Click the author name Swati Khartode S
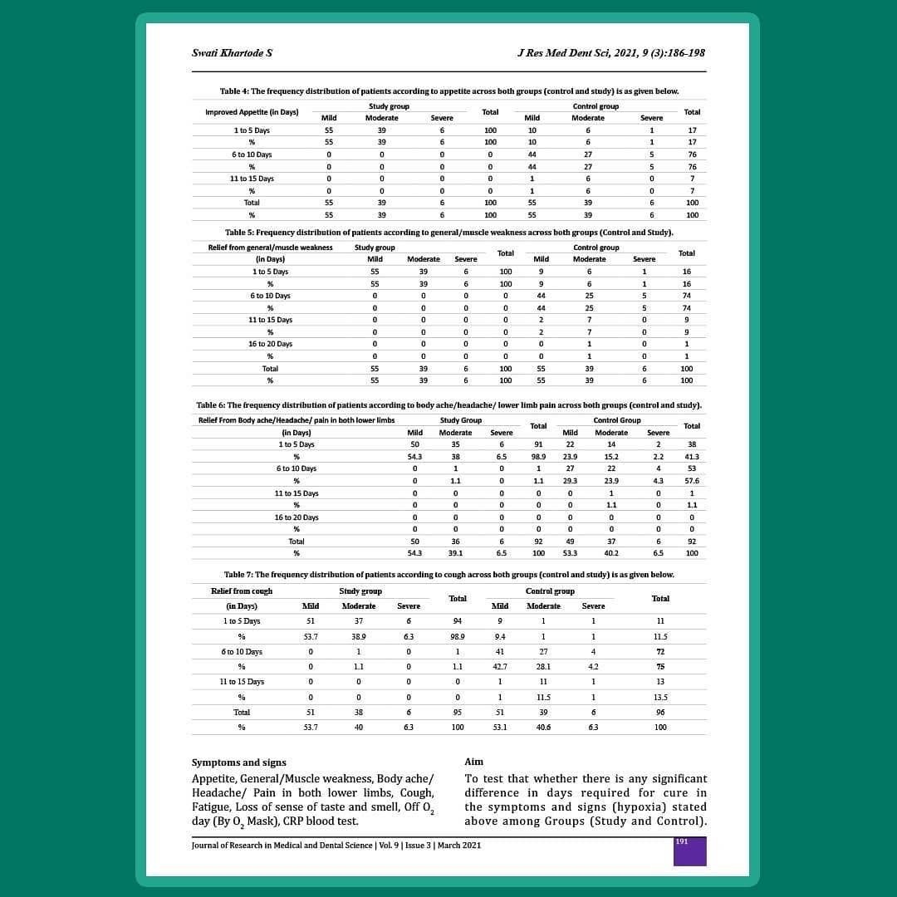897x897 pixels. [232, 53]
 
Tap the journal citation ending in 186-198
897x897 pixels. [610, 53]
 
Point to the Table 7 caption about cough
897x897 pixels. [448, 574]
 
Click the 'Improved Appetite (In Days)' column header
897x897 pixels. [252, 112]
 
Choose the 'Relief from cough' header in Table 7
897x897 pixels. [242, 591]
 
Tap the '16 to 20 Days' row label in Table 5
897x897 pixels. [270, 344]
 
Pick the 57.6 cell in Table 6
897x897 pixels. [691, 481]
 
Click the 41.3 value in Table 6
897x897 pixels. [691, 457]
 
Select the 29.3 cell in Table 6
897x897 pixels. [570, 481]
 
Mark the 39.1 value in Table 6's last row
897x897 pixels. [455, 553]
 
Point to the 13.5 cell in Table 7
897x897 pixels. [660, 697]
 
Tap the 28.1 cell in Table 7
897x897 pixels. [543, 667]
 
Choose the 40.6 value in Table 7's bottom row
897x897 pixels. [543, 728]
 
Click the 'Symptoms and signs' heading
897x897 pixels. [238, 762]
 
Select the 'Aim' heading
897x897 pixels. [473, 762]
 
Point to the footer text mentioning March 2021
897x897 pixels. [336, 846]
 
